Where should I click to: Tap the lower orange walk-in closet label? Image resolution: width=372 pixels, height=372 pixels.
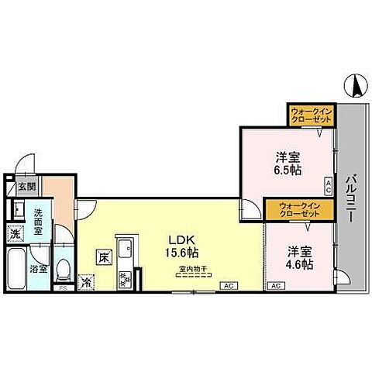(299, 210)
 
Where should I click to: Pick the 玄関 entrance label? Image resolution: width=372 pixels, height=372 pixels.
(26, 187)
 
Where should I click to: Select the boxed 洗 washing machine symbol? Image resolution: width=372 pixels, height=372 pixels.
(15, 233)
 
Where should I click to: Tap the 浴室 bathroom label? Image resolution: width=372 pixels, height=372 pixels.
(38, 270)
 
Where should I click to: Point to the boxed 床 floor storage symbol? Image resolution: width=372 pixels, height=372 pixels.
(103, 257)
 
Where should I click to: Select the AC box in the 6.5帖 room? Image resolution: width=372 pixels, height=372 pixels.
(328, 185)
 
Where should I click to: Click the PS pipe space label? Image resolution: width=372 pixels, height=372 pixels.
(64, 288)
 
